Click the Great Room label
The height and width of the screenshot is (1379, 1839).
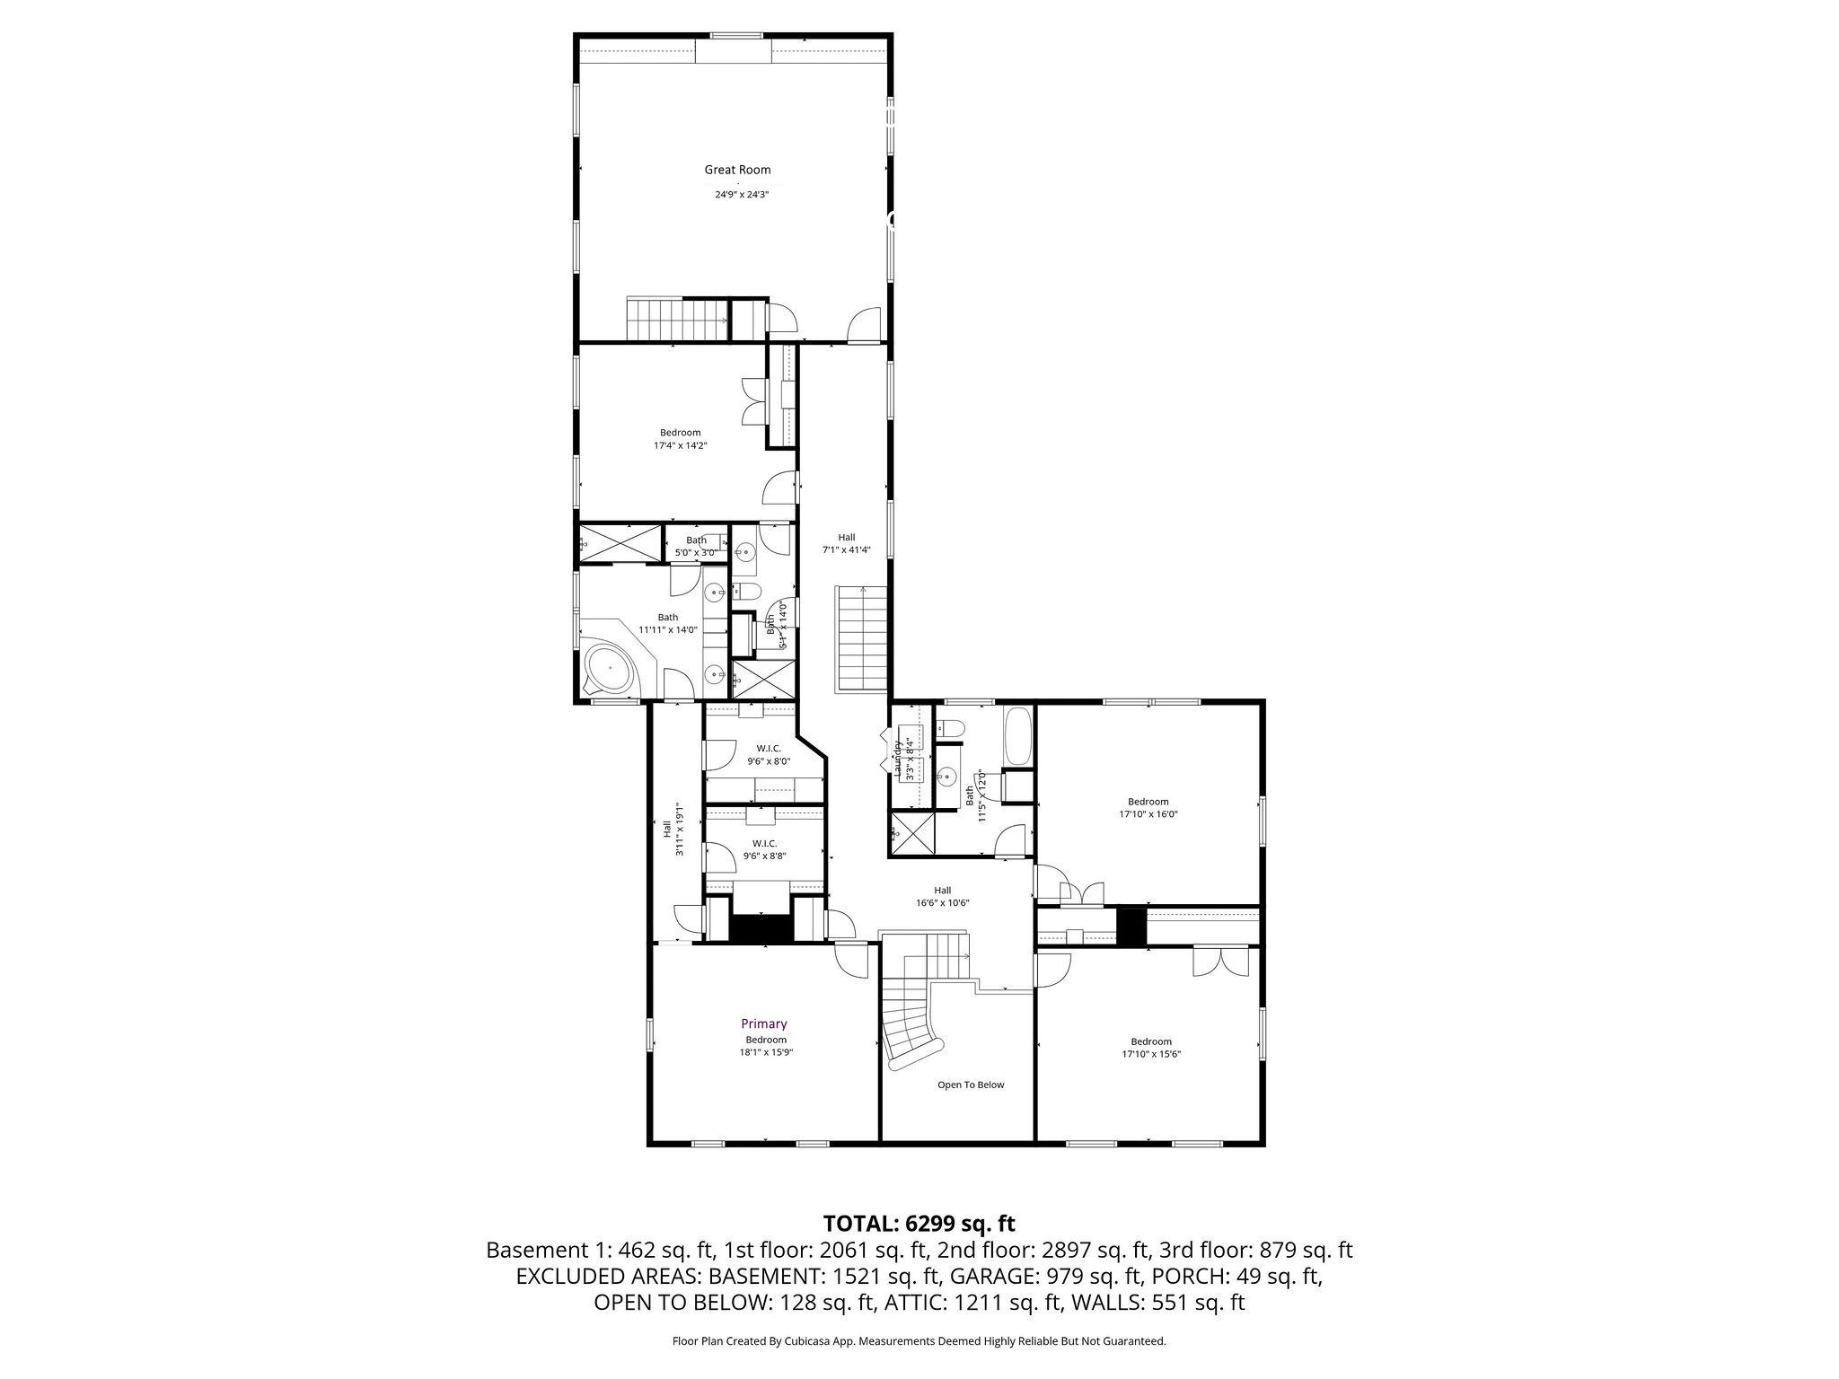point(736,170)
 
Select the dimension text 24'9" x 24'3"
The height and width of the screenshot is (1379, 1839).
point(742,194)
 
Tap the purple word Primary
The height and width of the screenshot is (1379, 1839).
point(763,1023)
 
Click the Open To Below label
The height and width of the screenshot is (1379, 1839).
point(971,1085)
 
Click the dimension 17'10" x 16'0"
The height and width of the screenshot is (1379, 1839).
point(1148,814)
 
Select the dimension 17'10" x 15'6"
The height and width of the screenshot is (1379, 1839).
point(1150,1054)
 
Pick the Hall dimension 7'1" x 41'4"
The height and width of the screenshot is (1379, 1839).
point(846,550)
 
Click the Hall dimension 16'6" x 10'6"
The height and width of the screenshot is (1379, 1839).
point(942,903)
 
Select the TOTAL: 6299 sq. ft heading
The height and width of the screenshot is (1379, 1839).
point(919,1223)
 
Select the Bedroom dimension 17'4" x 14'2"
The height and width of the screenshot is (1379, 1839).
point(680,445)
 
